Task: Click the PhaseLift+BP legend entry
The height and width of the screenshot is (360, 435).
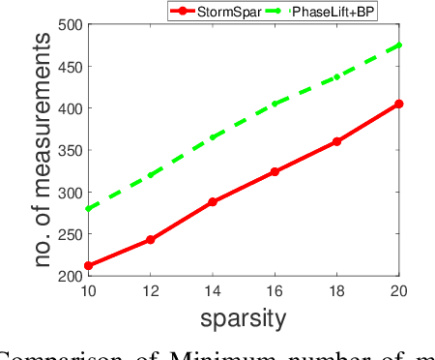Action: tap(334, 12)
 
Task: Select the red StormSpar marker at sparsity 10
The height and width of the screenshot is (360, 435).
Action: tap(88, 265)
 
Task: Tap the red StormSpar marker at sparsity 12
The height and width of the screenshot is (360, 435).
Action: tap(150, 239)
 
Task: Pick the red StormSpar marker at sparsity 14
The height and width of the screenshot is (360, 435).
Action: tap(213, 201)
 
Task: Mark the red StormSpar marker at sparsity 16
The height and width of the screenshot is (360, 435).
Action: tap(275, 171)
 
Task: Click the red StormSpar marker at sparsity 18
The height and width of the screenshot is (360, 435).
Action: tap(337, 141)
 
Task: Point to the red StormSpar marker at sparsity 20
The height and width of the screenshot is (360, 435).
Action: tap(399, 104)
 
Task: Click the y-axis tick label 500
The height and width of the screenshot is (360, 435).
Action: tap(68, 24)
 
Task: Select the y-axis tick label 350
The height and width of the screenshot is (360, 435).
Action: tap(68, 150)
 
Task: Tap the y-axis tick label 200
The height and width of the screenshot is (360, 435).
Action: tap(68, 276)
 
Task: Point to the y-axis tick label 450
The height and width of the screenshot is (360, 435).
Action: tap(68, 66)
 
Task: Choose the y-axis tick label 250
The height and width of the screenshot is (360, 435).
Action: tap(68, 234)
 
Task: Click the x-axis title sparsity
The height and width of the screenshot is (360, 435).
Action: tap(244, 317)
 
